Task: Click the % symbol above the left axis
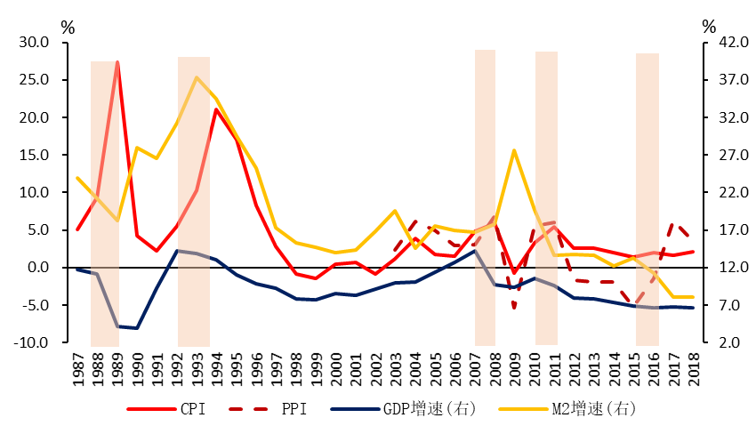(x=68, y=26)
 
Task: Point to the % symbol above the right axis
(x=708, y=26)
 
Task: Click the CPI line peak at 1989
(x=117, y=61)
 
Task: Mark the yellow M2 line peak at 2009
(x=514, y=150)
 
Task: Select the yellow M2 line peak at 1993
(x=197, y=77)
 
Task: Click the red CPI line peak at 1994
(x=216, y=109)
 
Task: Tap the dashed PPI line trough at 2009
(x=514, y=308)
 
